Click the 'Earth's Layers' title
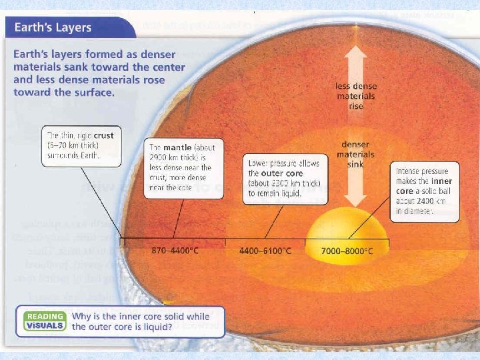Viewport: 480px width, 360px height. pyautogui.click(x=48, y=29)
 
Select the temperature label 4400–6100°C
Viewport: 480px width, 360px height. pyautogui.click(x=265, y=251)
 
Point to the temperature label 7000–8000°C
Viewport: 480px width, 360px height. pyautogui.click(x=347, y=251)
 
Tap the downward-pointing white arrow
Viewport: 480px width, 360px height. pyautogui.click(x=355, y=187)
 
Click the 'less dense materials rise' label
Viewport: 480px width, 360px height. pyautogui.click(x=355, y=96)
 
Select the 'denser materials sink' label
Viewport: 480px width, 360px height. pyautogui.click(x=355, y=155)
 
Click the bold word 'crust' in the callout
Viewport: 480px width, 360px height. pyautogui.click(x=103, y=135)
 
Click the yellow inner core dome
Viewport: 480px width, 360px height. pyautogui.click(x=346, y=227)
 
